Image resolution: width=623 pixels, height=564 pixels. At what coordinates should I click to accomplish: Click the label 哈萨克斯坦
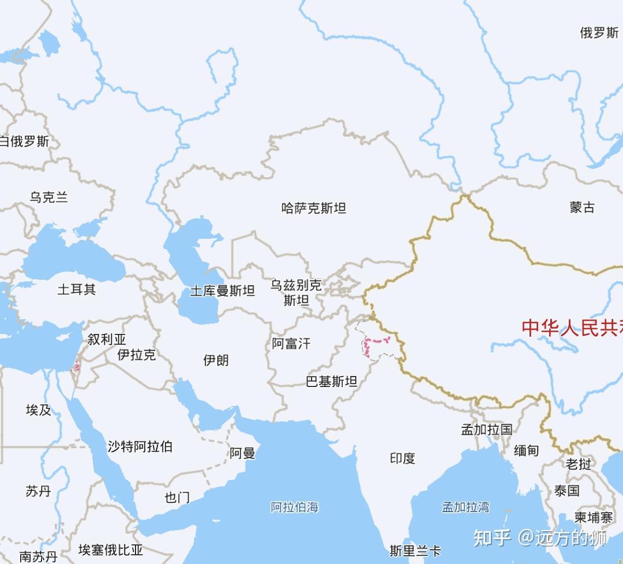(314, 208)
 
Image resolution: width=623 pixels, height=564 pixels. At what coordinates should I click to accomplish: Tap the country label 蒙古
(582, 208)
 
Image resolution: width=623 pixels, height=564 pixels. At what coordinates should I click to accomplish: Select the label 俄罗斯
(599, 33)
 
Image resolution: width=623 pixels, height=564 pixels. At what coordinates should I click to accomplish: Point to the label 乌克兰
(49, 198)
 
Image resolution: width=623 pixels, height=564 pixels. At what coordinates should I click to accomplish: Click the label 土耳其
(77, 289)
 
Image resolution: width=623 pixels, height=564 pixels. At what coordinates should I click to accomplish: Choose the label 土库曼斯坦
(223, 291)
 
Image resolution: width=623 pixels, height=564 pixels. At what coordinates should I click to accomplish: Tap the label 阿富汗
(291, 344)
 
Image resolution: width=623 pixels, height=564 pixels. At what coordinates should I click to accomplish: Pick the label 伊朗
(216, 360)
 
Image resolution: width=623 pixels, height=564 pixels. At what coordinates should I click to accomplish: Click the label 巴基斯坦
(332, 381)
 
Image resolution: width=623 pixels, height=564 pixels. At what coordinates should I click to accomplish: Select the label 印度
(403, 458)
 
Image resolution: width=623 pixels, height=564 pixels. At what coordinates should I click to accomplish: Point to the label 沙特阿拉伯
(140, 446)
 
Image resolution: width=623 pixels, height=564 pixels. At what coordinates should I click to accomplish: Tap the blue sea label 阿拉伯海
(295, 507)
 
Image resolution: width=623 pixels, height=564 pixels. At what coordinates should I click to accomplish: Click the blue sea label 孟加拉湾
(466, 507)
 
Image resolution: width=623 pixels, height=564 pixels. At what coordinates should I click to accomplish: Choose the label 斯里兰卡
(415, 551)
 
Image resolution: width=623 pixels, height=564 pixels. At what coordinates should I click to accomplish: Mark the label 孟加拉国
(486, 430)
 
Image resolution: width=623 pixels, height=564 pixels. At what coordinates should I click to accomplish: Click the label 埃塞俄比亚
(111, 550)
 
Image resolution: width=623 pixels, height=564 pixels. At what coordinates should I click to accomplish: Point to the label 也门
(177, 497)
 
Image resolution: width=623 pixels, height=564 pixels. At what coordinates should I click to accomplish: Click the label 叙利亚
(107, 339)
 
